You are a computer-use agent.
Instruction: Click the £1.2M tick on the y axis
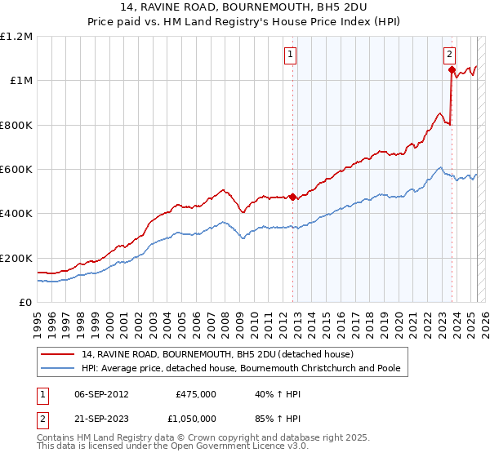click(x=16, y=37)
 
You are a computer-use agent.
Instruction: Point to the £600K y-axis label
click(x=16, y=170)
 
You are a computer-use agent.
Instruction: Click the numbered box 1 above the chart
click(x=291, y=55)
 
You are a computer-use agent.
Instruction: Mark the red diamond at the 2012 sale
click(x=292, y=197)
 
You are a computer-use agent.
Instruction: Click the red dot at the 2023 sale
click(x=452, y=70)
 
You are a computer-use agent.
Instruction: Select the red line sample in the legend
click(x=58, y=354)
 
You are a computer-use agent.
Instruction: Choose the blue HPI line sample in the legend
click(x=58, y=368)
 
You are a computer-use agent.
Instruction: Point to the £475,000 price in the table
click(x=196, y=394)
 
